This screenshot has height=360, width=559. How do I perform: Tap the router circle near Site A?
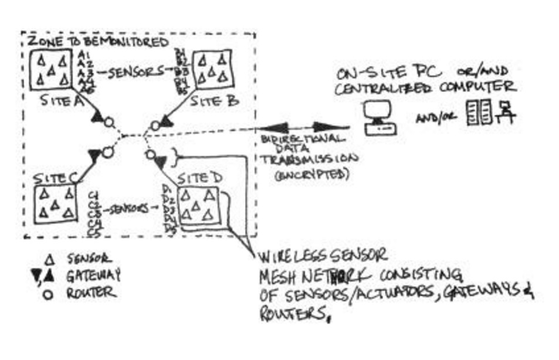[x=108, y=123]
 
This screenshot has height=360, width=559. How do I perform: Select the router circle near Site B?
[x=155, y=125]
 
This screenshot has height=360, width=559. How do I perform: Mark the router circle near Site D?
[x=150, y=155]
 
